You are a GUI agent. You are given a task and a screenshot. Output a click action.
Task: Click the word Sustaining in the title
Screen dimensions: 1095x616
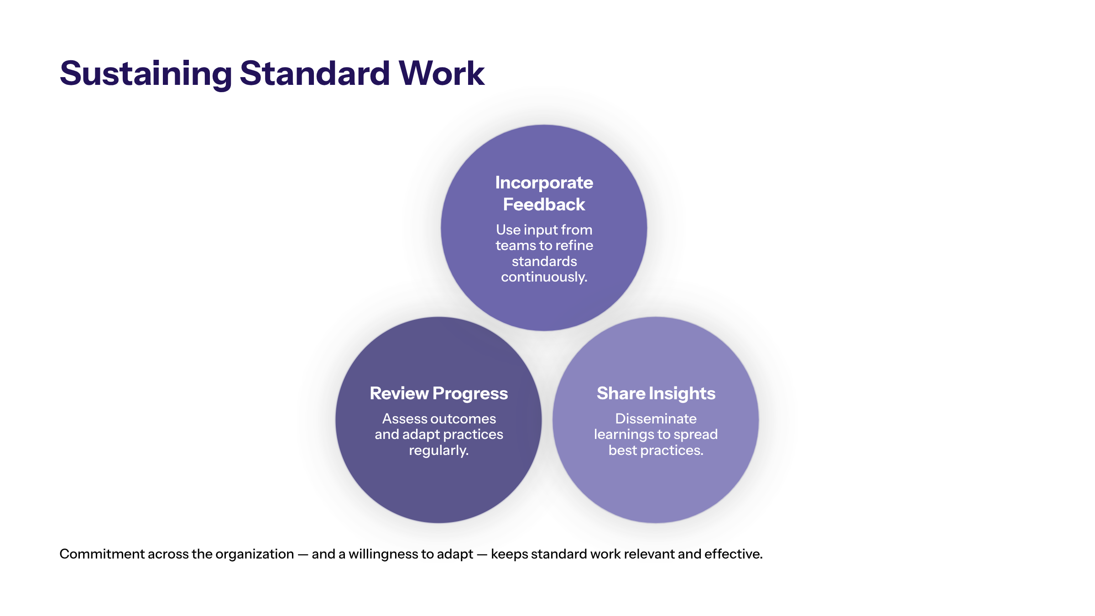[146, 74]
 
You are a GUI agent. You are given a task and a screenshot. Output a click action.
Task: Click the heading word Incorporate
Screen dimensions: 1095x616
[544, 183]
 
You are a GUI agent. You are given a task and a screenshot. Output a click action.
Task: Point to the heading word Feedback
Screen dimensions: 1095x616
[544, 204]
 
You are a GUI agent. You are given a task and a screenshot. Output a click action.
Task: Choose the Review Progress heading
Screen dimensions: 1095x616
[438, 394]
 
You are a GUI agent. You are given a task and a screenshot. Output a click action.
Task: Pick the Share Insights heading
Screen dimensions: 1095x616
[656, 394]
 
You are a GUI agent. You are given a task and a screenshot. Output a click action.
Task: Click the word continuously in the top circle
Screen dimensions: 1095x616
[544, 277]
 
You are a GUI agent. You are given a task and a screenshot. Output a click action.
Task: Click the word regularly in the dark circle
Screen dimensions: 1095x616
[438, 451]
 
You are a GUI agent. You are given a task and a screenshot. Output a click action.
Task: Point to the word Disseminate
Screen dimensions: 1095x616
[656, 419]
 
